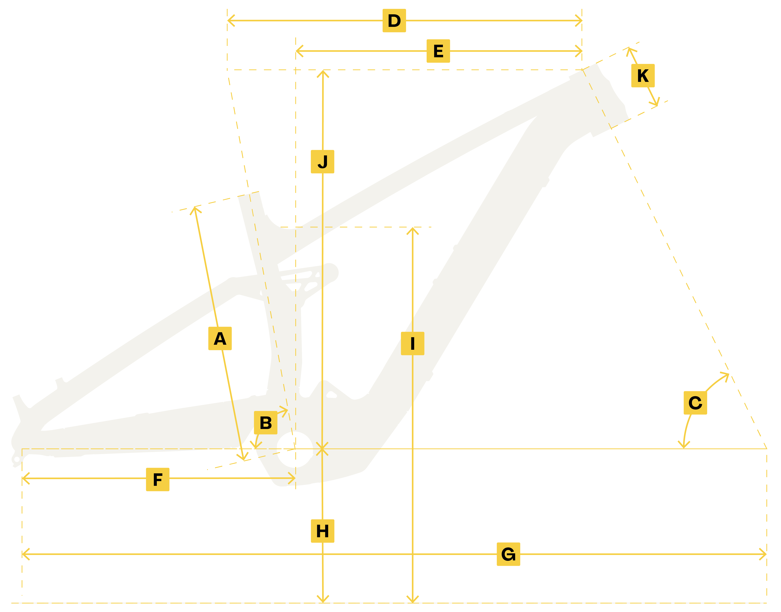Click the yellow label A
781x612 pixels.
click(x=220, y=338)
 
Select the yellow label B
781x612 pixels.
click(x=265, y=422)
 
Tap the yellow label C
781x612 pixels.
click(x=695, y=403)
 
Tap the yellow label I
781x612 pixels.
click(x=412, y=343)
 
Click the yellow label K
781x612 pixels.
click(x=643, y=76)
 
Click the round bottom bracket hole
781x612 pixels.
click(x=295, y=449)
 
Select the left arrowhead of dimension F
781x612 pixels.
click(x=24, y=478)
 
